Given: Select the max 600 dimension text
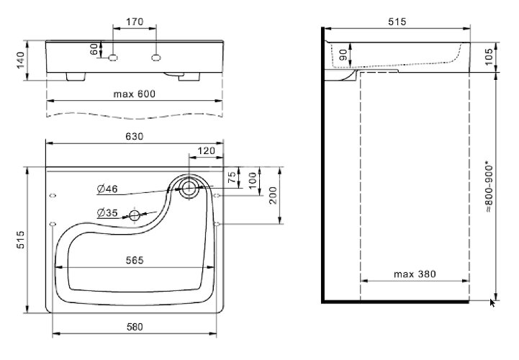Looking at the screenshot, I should pyautogui.click(x=135, y=94).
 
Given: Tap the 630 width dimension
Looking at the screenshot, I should pyautogui.click(x=135, y=136).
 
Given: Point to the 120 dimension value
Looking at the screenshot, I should pyautogui.click(x=207, y=151).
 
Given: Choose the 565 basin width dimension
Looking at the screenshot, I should pyautogui.click(x=135, y=259).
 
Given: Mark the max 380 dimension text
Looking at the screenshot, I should pyautogui.click(x=413, y=274).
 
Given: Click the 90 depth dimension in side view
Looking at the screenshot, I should pyautogui.click(x=343, y=55).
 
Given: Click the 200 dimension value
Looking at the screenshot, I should pyautogui.click(x=274, y=195).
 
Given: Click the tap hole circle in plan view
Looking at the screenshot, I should pyautogui.click(x=189, y=189).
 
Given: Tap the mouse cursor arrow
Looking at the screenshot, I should pyautogui.click(x=493, y=302).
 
